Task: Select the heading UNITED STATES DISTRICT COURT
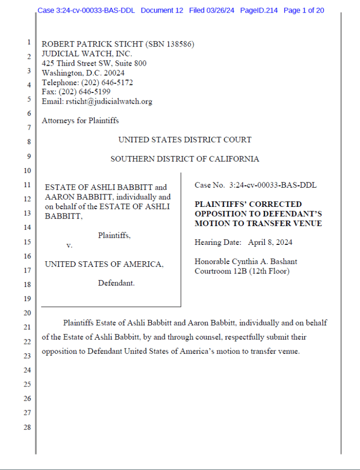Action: coord(185,140)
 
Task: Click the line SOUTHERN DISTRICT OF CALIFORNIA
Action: coord(185,159)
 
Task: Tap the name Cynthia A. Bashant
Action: coord(266,262)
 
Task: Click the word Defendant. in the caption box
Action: coord(116,283)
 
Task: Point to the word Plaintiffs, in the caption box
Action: coord(114,235)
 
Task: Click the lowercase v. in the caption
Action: coord(69,245)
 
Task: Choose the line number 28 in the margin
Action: coord(28,427)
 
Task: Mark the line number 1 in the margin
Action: coord(29,42)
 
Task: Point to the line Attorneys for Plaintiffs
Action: coord(80,121)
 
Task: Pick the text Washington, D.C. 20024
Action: coord(83,73)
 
